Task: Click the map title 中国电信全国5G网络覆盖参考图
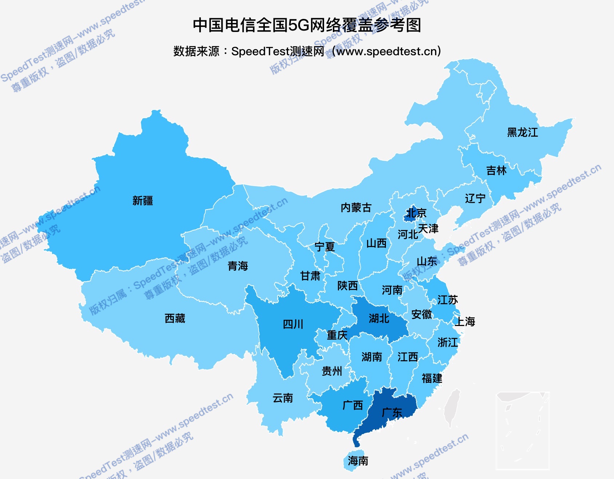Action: (x=307, y=25)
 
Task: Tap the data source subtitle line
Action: (x=307, y=51)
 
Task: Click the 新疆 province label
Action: (x=143, y=201)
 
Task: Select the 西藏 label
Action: (x=175, y=318)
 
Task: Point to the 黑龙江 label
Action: (x=522, y=132)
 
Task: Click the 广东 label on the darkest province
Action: (x=392, y=412)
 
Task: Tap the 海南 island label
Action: (x=358, y=461)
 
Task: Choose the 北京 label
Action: (x=416, y=213)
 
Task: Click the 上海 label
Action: (x=465, y=321)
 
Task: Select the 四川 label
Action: (x=293, y=324)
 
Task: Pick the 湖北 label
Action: (x=379, y=318)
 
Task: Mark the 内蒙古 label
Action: (x=356, y=208)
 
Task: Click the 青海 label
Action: (x=238, y=266)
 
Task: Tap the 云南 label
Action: (x=283, y=398)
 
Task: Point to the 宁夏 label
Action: (x=324, y=247)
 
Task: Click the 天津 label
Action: (x=428, y=229)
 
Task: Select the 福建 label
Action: (x=432, y=378)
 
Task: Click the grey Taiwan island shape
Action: (x=452, y=407)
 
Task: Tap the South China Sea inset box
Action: (x=522, y=431)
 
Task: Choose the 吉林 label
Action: (x=496, y=170)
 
